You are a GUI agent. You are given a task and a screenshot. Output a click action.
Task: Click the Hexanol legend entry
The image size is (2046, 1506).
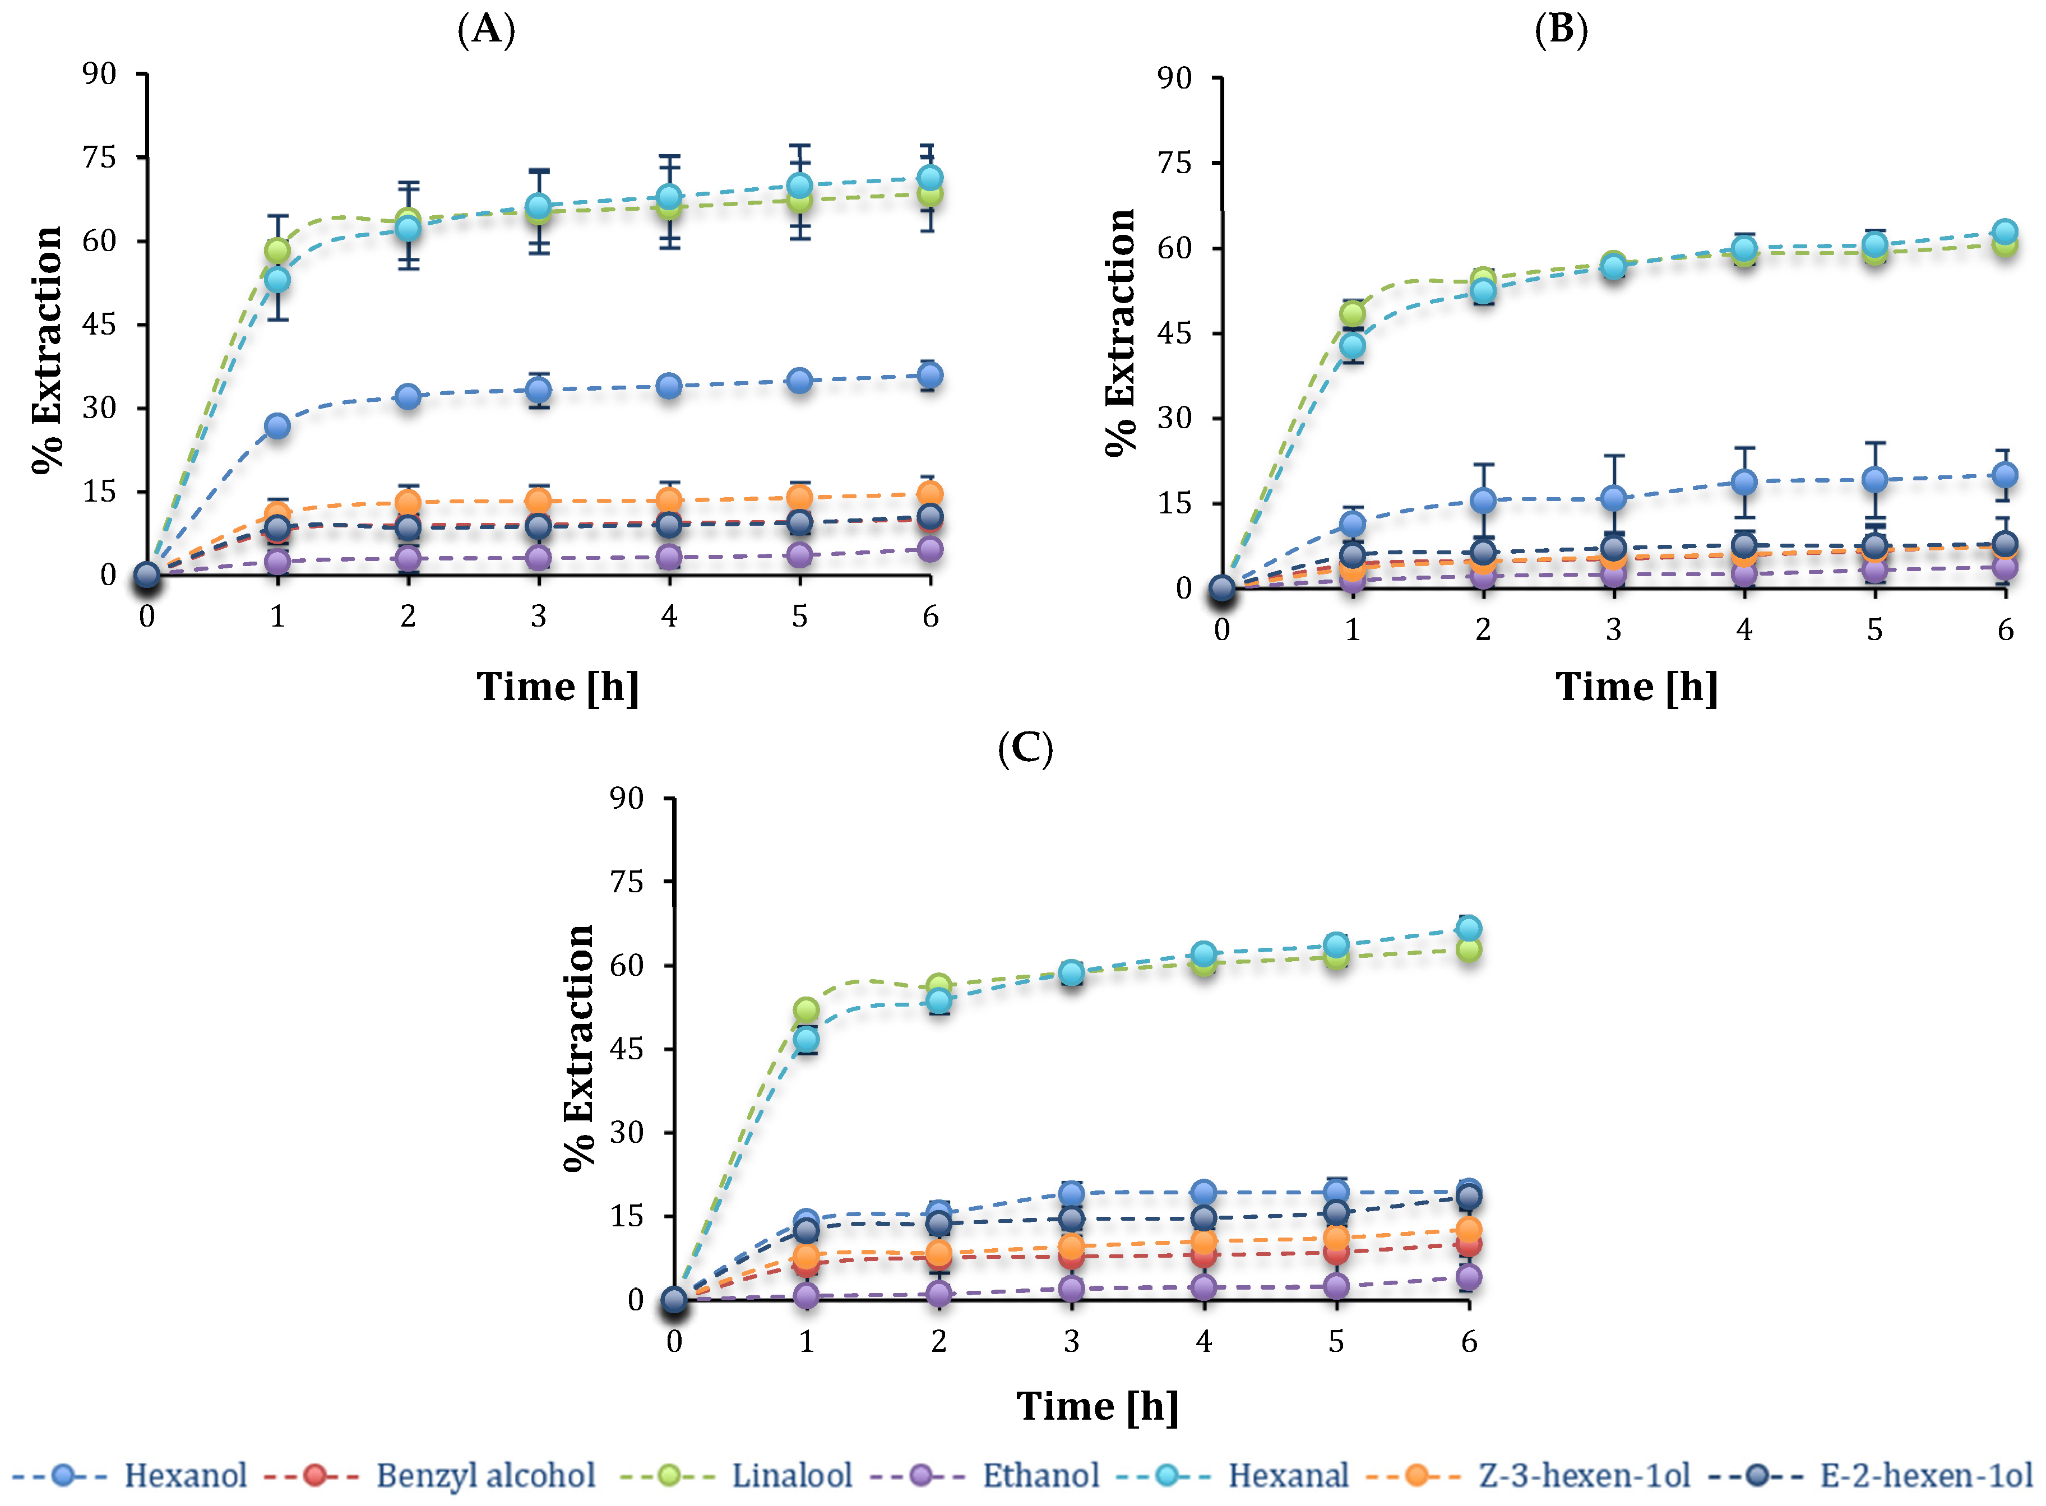click(x=129, y=1475)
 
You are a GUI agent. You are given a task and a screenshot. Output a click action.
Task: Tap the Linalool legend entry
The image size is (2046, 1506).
click(x=736, y=1475)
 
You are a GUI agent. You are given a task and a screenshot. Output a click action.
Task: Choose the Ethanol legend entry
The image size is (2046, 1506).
click(x=985, y=1475)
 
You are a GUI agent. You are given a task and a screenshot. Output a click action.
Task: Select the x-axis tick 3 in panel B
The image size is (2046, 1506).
click(x=1614, y=629)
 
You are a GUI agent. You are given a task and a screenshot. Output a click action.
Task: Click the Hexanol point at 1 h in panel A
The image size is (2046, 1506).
click(x=277, y=426)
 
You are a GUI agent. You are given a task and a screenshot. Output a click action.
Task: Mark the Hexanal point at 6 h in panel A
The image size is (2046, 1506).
click(x=930, y=177)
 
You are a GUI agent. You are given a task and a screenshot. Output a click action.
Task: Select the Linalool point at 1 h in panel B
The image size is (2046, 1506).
click(x=1352, y=314)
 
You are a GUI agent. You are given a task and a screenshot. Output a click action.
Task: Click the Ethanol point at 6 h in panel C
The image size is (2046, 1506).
click(x=1469, y=1277)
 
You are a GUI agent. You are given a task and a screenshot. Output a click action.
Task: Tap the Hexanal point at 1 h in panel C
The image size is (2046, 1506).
click(x=806, y=1039)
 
